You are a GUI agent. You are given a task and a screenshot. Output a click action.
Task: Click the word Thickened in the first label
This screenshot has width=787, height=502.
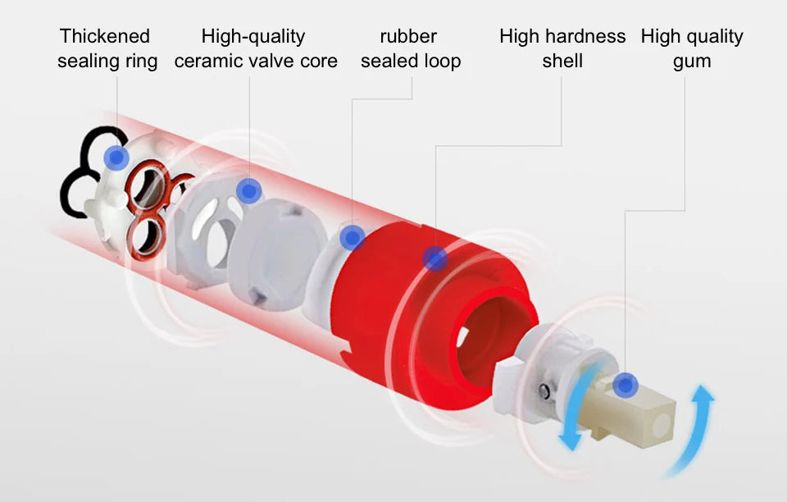(105, 36)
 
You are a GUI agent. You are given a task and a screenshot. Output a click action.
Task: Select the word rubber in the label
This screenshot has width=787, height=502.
(408, 36)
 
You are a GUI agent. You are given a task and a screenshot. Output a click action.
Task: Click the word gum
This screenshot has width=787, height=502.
(692, 62)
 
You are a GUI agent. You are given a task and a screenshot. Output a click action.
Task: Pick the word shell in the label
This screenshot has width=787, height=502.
(562, 62)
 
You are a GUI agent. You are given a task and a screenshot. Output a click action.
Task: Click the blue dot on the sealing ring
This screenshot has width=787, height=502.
(116, 157)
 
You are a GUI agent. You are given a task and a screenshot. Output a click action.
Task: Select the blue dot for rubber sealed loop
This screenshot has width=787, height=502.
(353, 238)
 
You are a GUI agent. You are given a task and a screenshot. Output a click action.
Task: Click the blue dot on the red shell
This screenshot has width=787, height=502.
(435, 258)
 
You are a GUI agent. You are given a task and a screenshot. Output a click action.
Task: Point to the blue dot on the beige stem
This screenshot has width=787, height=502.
(626, 384)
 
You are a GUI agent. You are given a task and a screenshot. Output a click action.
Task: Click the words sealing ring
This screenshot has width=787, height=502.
(107, 62)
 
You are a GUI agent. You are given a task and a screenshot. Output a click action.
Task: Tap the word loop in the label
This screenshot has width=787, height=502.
(443, 62)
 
